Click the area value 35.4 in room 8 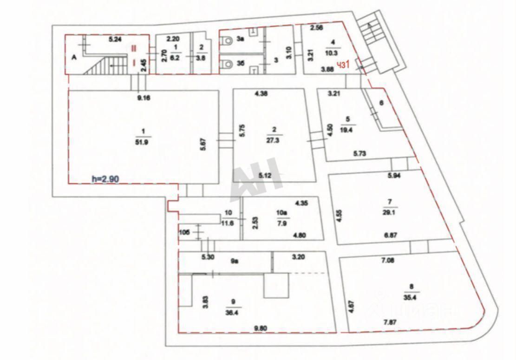(x=409, y=295)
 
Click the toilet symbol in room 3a (x=226, y=40)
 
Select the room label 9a (x=235, y=262)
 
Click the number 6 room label (x=382, y=105)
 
